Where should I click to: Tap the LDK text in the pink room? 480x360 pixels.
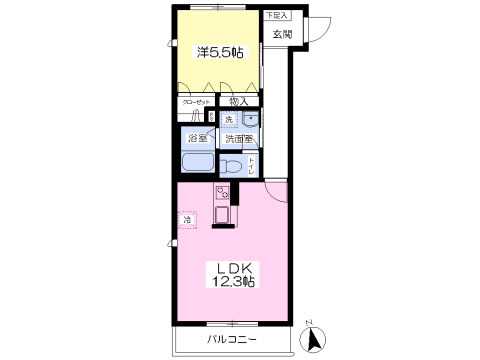click(x=234, y=267)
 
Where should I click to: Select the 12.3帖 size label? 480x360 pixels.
click(x=234, y=283)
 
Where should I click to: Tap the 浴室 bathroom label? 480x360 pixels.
click(x=196, y=139)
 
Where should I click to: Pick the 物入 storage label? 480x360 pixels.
click(x=237, y=101)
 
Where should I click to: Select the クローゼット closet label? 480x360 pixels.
click(x=196, y=101)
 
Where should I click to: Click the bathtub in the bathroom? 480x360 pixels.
click(x=197, y=164)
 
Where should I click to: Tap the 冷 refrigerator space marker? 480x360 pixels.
click(x=187, y=217)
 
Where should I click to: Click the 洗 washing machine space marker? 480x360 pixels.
click(x=228, y=120)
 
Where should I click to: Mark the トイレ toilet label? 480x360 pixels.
click(x=251, y=164)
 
